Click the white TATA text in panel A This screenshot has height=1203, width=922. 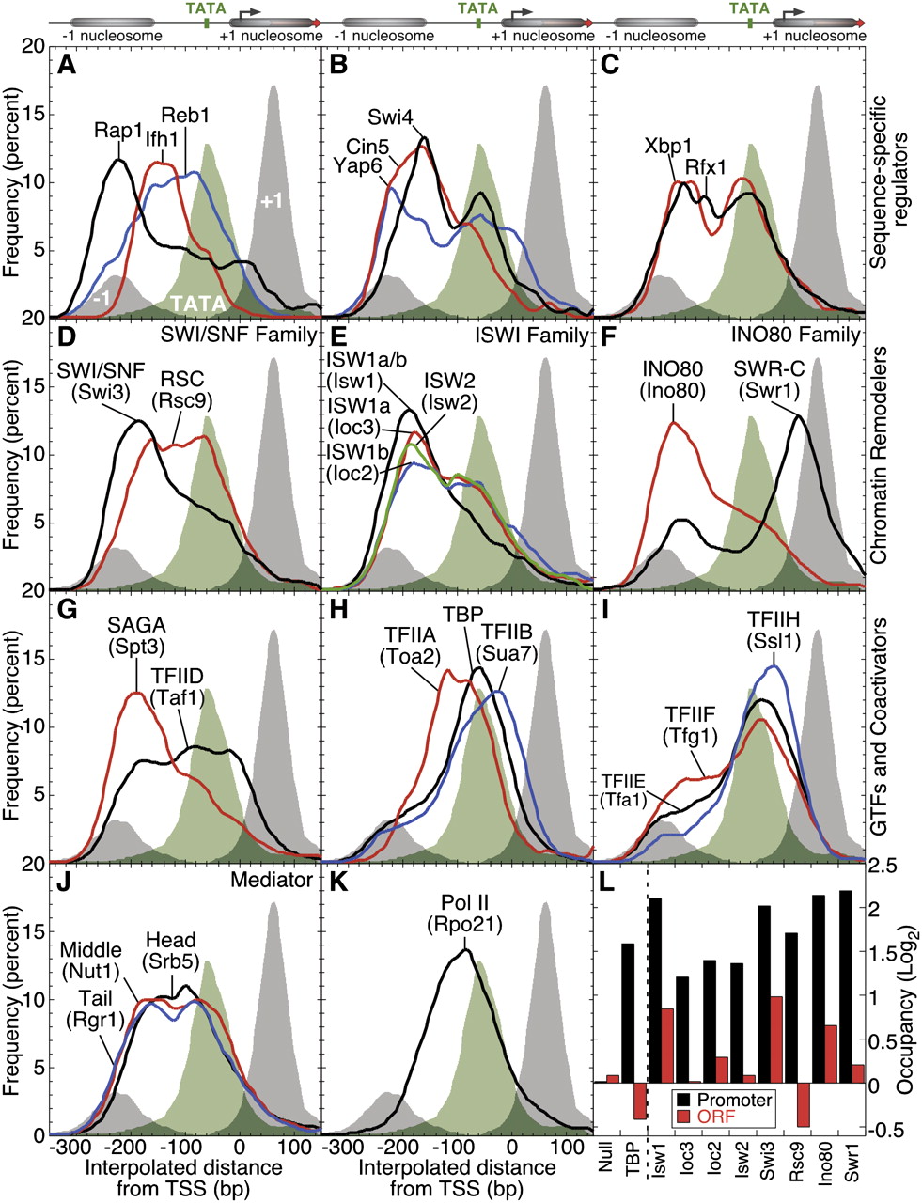click(x=196, y=304)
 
